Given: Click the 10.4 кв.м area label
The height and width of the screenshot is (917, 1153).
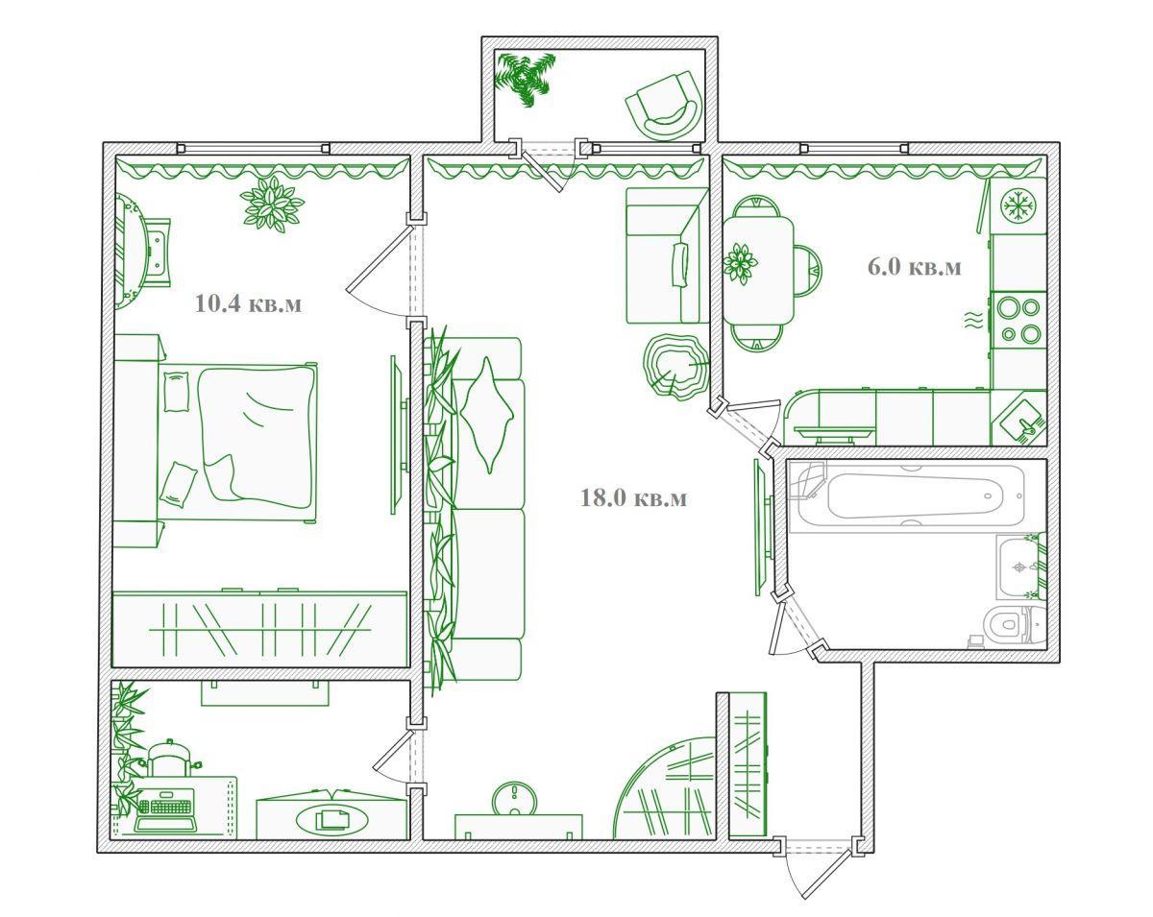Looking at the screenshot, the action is point(249,303).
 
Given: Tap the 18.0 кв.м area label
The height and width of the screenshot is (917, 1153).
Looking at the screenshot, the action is point(633,497).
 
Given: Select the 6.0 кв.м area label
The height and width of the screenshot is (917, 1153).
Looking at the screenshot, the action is point(915,266).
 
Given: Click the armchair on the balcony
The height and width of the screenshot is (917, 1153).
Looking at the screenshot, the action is point(664,106).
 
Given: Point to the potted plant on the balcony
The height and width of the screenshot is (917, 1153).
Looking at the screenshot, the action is point(525,78).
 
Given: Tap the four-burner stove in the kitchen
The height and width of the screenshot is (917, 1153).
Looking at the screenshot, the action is point(1019,320).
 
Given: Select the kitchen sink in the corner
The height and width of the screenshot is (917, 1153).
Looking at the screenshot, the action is point(1022,420).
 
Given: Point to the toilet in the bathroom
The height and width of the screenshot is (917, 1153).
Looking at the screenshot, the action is point(1015,624).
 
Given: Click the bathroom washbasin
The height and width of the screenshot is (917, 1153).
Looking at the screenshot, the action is point(1020,567).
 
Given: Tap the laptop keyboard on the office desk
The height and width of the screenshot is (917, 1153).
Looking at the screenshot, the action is point(166,805).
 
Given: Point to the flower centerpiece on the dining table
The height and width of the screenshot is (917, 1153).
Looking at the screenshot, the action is point(740,263).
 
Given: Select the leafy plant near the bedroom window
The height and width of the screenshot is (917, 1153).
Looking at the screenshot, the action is point(271,205).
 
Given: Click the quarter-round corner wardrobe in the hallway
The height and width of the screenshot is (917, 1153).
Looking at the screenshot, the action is point(667,791).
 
